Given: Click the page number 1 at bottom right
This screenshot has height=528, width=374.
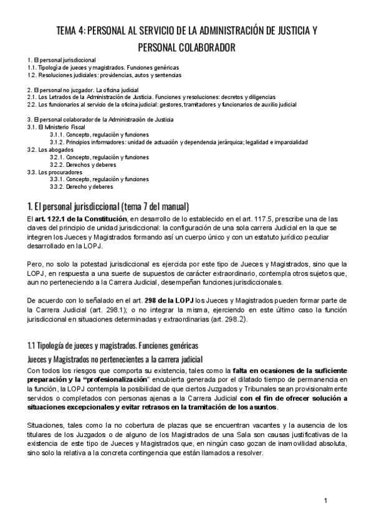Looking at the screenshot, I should [x=325, y=501].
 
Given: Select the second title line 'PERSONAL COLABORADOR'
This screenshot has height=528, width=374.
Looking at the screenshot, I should [x=186, y=47].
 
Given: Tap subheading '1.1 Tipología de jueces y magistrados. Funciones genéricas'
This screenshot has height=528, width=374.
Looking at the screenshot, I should [x=115, y=346].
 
